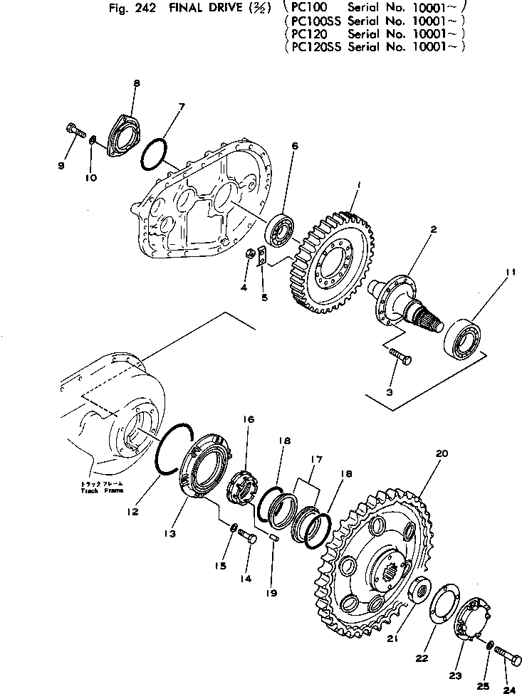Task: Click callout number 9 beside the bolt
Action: coord(61,166)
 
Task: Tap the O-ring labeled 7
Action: coord(153,154)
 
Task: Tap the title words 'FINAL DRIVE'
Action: coord(201,10)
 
